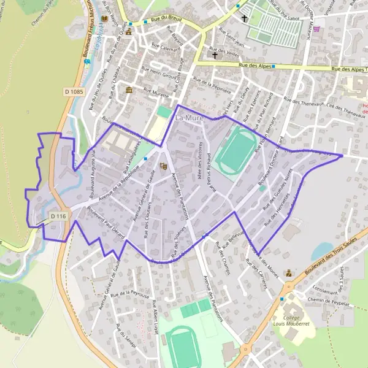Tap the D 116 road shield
tap(58, 216)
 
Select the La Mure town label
tap(189, 117)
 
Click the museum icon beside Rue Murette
tap(129, 90)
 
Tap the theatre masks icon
tap(163, 166)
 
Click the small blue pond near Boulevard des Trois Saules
tap(322, 250)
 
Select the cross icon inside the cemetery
tap(244, 18)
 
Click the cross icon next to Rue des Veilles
tap(215, 55)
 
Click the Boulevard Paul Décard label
tap(105, 224)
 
